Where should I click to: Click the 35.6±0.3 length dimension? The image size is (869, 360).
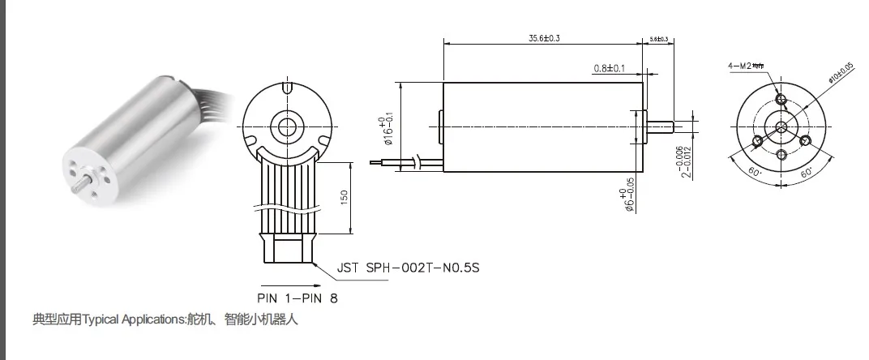544,37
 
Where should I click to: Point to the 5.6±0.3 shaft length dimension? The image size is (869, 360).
658,39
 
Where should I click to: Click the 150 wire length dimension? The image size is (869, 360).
343,198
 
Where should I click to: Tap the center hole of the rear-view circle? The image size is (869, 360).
286,126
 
